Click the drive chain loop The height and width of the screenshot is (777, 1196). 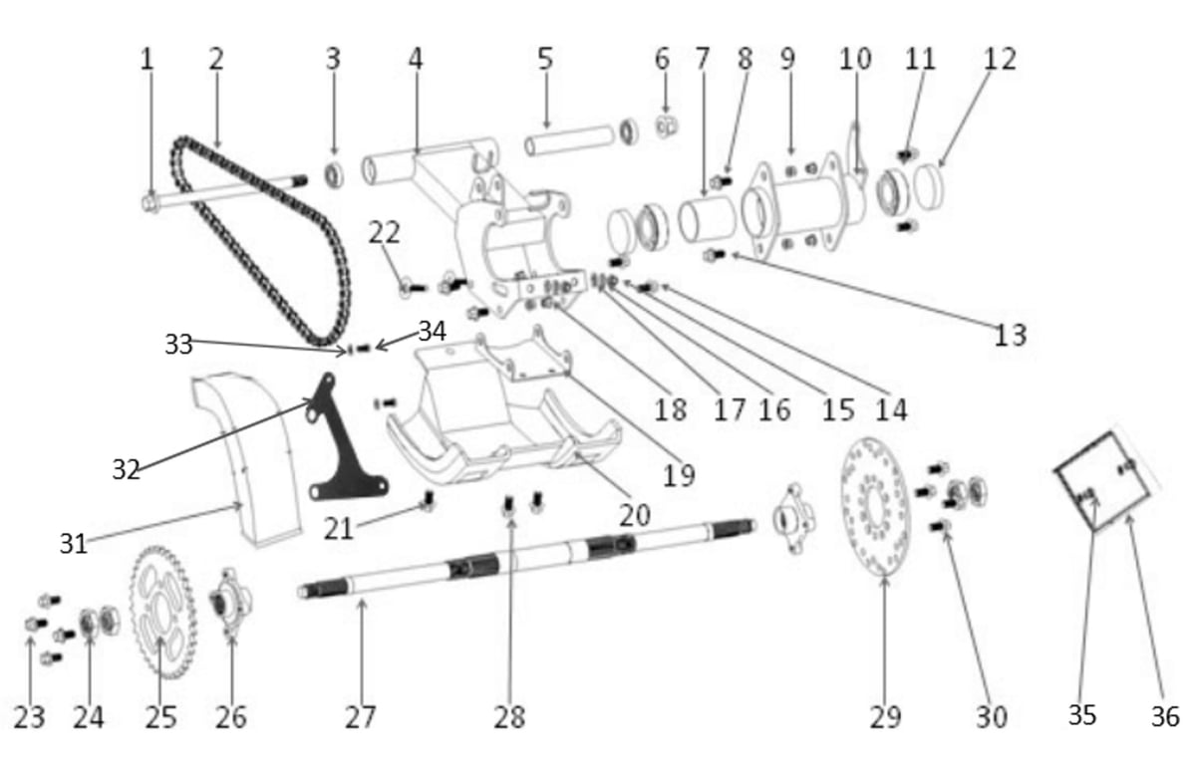[260, 240]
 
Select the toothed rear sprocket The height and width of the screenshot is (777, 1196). [163, 612]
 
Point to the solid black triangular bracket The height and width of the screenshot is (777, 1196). [345, 439]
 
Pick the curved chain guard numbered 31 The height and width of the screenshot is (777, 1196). [245, 459]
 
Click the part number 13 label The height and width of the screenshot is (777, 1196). [1011, 335]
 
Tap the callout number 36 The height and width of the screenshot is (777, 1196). [1164, 716]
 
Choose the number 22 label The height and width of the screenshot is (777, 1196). [385, 232]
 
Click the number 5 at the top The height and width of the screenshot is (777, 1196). [544, 59]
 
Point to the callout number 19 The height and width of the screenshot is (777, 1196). [679, 474]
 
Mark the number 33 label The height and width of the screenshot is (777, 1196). [178, 345]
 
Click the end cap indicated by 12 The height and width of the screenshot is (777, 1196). [929, 187]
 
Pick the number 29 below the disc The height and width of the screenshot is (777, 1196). [886, 716]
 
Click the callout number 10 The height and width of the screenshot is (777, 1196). [856, 59]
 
